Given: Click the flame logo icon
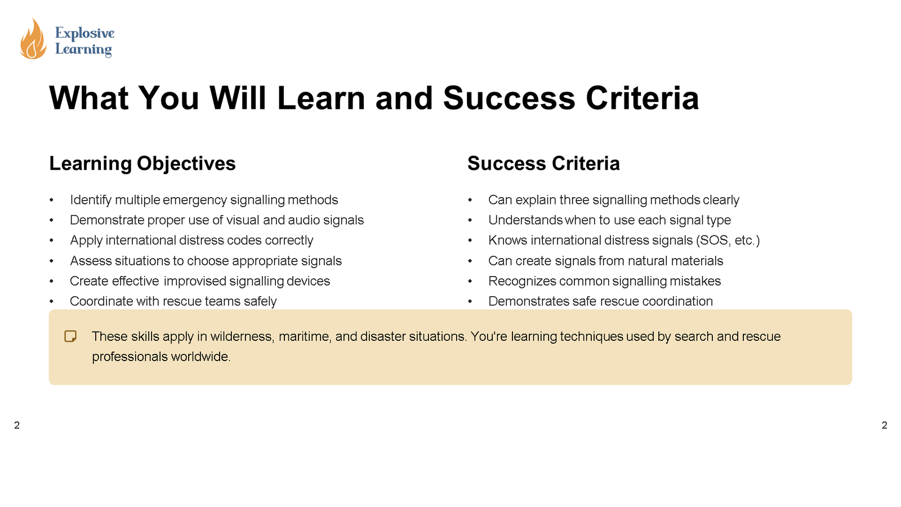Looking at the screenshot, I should [33, 39].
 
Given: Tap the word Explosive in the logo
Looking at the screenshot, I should [84, 33].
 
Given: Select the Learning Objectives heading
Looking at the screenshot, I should [142, 163].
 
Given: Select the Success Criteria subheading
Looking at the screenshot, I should [543, 163].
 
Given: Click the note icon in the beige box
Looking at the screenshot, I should [70, 336].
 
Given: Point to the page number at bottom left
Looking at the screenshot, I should [17, 425].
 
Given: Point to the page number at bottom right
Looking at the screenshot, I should [884, 425].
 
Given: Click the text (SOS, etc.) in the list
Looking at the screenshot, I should [728, 241].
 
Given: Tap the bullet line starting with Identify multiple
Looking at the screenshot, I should [204, 200].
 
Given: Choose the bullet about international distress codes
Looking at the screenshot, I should [191, 241].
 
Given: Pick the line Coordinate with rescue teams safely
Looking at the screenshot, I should [173, 301].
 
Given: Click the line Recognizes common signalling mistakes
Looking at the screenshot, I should [604, 281].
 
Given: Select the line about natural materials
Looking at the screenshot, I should [605, 261].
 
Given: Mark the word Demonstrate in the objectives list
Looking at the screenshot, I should [107, 220].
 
